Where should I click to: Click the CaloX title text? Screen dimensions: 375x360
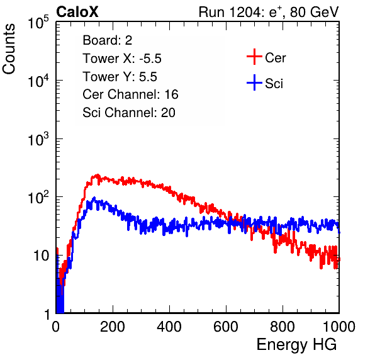pos(77,12)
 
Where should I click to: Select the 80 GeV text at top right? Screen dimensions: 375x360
pos(314,12)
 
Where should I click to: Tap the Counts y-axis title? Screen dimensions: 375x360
pos(9,49)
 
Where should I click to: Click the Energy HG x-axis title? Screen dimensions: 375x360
pos(296,344)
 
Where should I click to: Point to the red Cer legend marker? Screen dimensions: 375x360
pos(254,57)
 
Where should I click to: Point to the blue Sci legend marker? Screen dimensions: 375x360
pos(254,82)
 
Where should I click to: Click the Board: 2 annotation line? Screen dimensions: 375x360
pos(108,40)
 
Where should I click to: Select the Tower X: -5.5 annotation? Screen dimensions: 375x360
pos(122,59)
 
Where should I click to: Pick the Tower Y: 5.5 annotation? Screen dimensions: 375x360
pos(120,77)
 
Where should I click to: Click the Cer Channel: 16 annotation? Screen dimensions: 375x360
pos(130,94)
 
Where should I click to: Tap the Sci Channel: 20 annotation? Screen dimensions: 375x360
pos(129,113)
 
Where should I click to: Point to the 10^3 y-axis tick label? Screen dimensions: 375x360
pos(38,139)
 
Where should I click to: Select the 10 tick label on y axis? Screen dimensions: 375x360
pos(41,256)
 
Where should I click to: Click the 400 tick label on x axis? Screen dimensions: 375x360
pos(169,327)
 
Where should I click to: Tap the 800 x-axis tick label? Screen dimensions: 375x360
pos(283,327)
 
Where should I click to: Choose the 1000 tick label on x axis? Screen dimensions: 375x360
pos(339,327)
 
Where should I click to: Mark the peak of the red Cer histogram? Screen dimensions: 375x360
pos(97,175)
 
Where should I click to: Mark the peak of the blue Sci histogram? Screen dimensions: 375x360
pos(94,198)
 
